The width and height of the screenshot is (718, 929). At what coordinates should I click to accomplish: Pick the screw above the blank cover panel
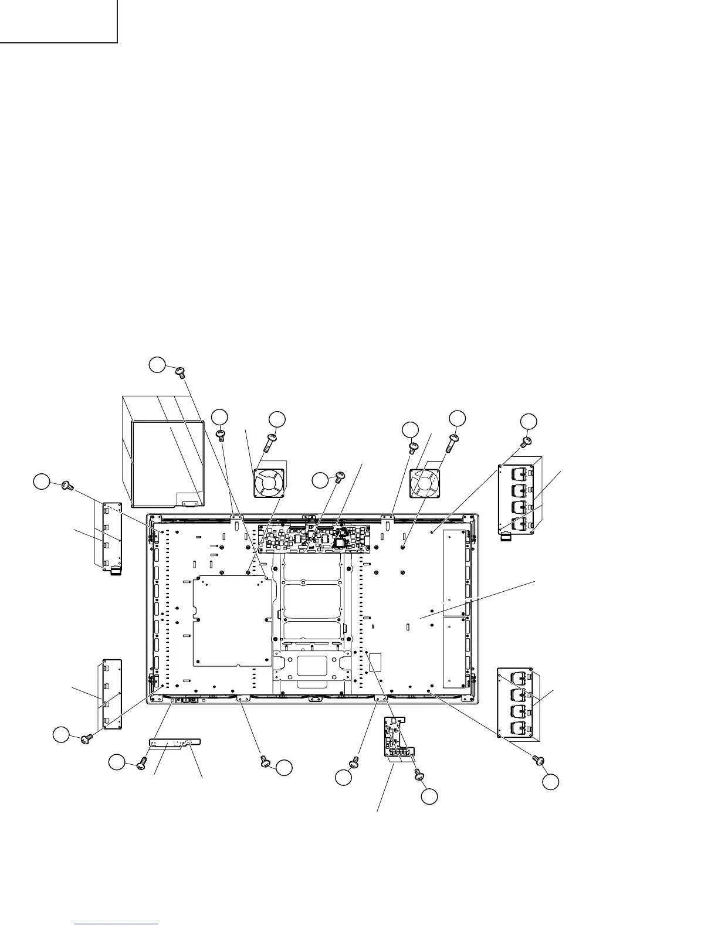click(181, 371)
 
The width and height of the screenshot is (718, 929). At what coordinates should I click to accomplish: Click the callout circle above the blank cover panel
click(157, 364)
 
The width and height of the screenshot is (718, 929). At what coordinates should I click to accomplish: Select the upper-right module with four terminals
click(518, 496)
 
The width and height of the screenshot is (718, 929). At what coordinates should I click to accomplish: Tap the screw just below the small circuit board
click(419, 775)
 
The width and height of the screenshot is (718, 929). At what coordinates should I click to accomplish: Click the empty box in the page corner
click(59, 21)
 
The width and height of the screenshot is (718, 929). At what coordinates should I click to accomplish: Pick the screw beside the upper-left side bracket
click(66, 486)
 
